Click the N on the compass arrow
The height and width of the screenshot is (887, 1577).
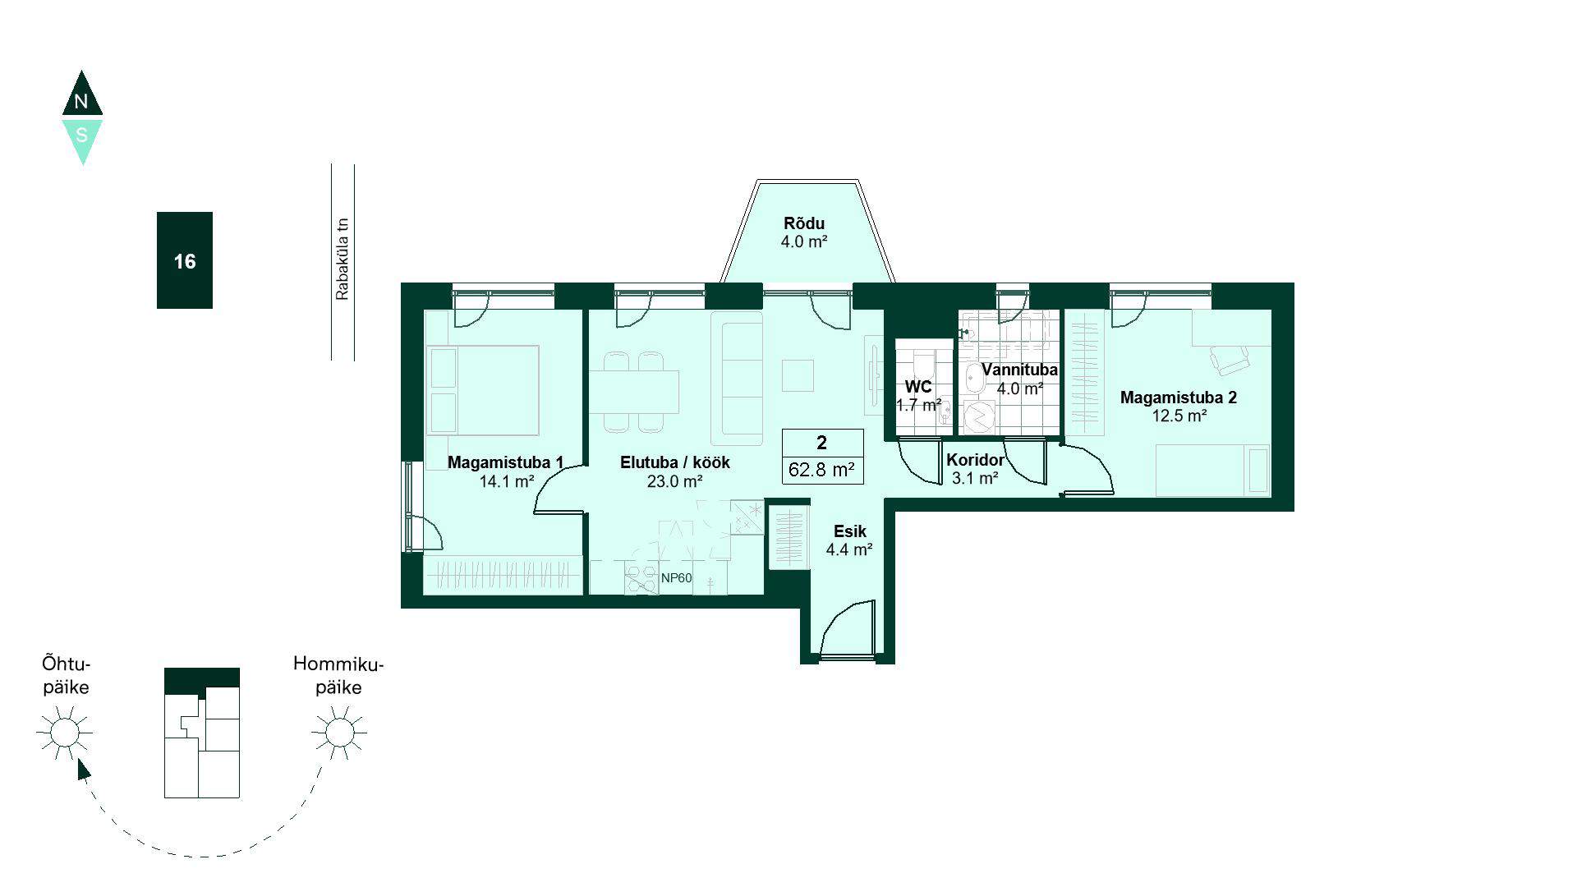pos(80,102)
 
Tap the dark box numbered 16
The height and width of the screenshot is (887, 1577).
pos(185,260)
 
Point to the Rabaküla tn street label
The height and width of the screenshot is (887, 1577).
pos(343,259)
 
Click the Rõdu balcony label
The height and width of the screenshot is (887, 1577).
pos(803,223)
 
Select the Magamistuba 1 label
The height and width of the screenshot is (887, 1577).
pos(505,462)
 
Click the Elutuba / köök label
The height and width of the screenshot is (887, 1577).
pos(674,462)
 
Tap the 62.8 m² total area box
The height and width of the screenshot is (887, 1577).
pos(822,457)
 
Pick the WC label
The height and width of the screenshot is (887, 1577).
pos(918,387)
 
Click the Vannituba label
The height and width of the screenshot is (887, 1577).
pos(1019,370)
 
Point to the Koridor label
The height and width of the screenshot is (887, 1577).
pos(975,460)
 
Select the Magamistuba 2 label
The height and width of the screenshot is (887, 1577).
pos(1179,398)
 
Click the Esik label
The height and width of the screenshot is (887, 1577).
pos(849,531)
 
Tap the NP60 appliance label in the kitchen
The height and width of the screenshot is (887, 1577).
pos(676,578)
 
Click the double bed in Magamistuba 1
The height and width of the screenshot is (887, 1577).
pos(482,390)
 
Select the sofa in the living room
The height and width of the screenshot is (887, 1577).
pos(737,378)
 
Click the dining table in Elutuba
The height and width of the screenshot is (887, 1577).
pos(634,392)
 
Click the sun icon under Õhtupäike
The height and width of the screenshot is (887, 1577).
pos(65,732)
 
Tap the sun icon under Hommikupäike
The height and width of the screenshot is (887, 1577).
pos(338,732)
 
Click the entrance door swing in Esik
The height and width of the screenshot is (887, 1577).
pos(846,627)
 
